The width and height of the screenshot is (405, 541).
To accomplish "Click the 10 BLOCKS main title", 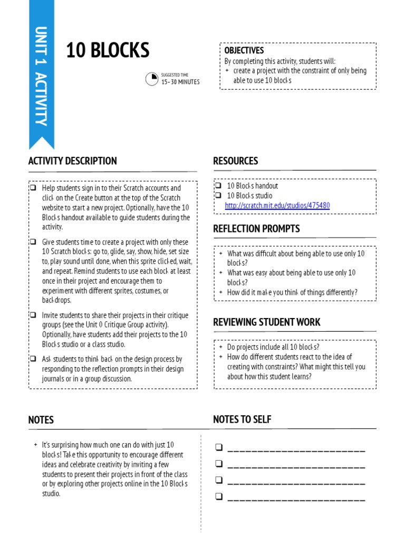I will [108, 51].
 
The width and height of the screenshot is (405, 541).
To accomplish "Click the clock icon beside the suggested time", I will [152, 79].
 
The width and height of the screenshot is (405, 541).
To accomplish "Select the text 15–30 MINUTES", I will [180, 82].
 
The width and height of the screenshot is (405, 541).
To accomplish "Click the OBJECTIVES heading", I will [244, 50].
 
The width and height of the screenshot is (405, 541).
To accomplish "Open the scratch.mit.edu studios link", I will [277, 206].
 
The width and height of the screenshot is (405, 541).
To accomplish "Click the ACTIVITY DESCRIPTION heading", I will [72, 161].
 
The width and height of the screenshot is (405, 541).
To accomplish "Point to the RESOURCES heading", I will [235, 161].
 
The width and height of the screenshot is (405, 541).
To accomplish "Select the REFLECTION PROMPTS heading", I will [256, 229].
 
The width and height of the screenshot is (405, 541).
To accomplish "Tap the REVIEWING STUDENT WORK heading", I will [266, 322].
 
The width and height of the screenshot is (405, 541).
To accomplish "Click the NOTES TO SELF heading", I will [242, 419].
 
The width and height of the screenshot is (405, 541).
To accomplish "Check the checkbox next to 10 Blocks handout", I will [218, 186].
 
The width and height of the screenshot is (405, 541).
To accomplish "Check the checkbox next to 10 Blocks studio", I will [218, 195].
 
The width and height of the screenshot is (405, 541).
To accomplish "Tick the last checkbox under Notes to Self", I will [219, 496].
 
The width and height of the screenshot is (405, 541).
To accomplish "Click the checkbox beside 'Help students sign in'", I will [33, 188].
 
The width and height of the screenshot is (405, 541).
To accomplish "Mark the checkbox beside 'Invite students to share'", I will [33, 315].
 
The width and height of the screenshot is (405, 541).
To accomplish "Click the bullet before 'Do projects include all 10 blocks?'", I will [221, 347].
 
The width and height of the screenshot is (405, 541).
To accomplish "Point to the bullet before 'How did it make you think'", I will [221, 292].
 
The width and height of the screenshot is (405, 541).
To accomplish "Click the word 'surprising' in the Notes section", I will [69, 445].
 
